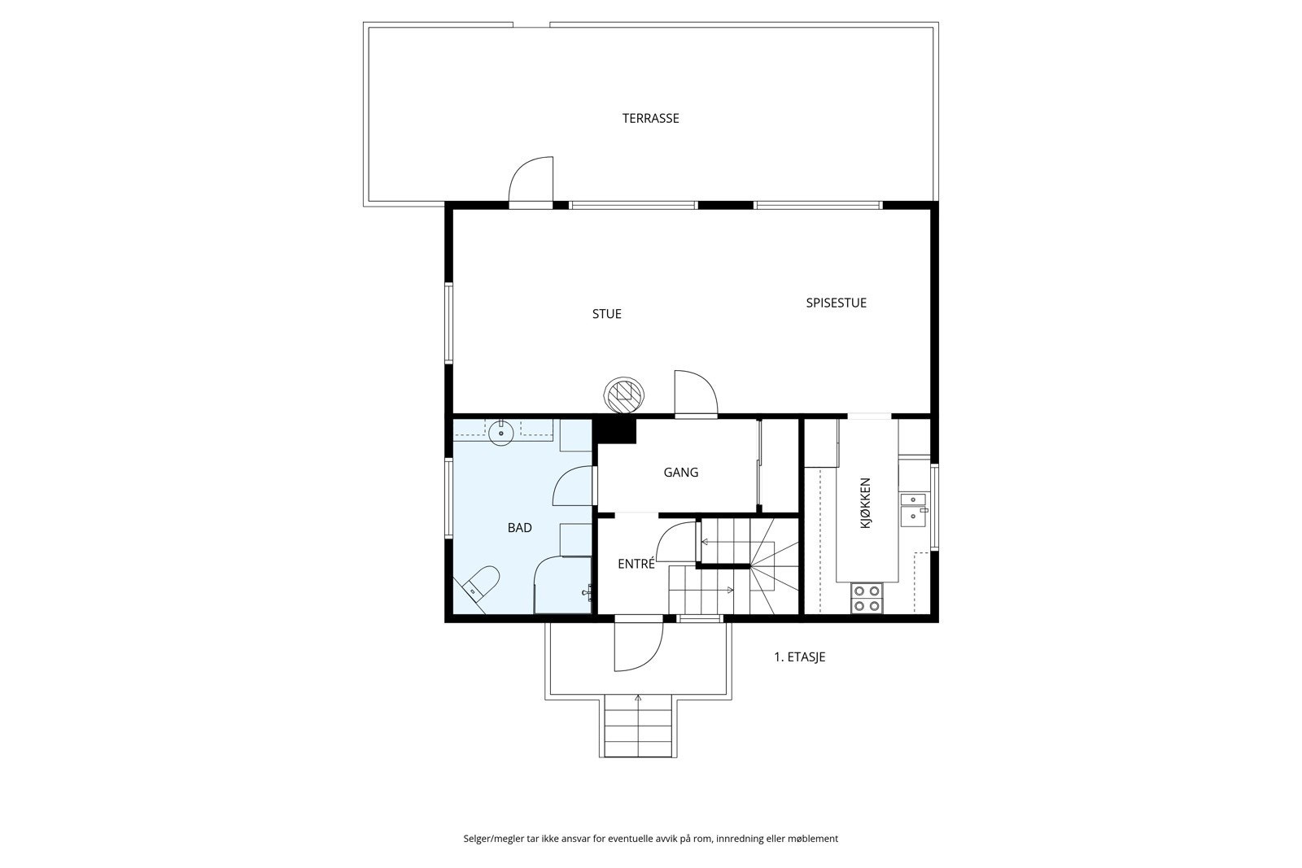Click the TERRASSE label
pyautogui.click(x=650, y=118)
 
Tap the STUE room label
pyautogui.click(x=606, y=314)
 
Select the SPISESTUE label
pyautogui.click(x=836, y=303)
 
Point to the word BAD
pyautogui.click(x=519, y=528)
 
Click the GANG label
pyautogui.click(x=680, y=472)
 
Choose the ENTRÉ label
pyautogui.click(x=636, y=563)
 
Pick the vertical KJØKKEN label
pyautogui.click(x=865, y=504)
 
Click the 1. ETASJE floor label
pyautogui.click(x=799, y=656)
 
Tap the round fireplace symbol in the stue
pyautogui.click(x=624, y=395)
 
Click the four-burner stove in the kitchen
pyautogui.click(x=867, y=598)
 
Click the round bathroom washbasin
pyautogui.click(x=501, y=432)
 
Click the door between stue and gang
pyautogui.click(x=694, y=395)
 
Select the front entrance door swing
pyautogui.click(x=636, y=647)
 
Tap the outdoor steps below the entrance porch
pyautogui.click(x=639, y=726)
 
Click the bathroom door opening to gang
pyautogui.click(x=575, y=486)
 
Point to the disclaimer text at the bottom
pyautogui.click(x=650, y=838)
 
